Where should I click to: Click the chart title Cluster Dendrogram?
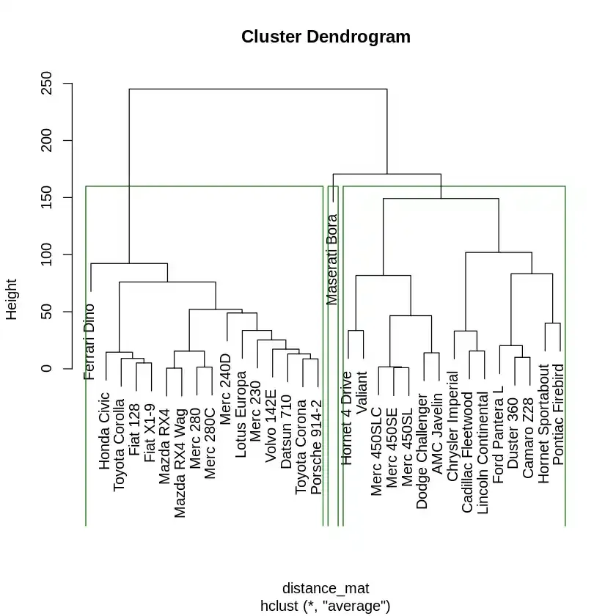[326, 37]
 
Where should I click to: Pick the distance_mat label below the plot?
[326, 588]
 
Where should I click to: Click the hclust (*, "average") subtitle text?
[326, 606]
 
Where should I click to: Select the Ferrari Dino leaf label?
[89, 342]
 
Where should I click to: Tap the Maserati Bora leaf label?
[332, 260]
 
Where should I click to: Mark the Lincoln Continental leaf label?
[482, 452]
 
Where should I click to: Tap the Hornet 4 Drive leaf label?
[346, 418]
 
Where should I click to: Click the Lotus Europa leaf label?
[241, 419]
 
